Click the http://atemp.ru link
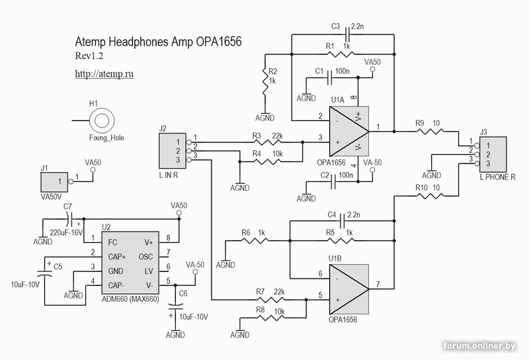coord(104,74)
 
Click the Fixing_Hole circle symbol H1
coord(102,120)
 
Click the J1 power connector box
coord(56,180)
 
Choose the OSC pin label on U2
coord(146,256)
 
